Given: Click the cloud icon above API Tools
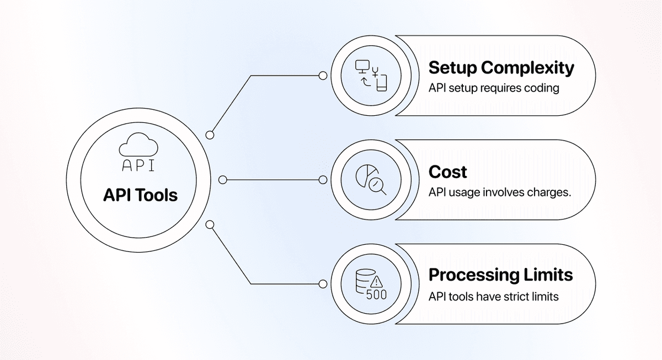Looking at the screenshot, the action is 138,144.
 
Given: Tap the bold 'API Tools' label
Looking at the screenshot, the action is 140,195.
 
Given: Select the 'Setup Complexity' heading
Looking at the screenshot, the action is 501,68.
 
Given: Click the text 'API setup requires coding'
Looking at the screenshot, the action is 494,88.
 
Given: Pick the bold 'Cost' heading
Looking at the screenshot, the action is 448,172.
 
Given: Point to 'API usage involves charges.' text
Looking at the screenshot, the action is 500,192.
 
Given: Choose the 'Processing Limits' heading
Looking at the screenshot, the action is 501,275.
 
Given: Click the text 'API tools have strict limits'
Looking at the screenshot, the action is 494,297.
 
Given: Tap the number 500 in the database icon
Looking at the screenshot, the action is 376,295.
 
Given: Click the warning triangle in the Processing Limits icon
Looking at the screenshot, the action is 376,282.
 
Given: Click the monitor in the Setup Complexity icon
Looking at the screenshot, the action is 362,67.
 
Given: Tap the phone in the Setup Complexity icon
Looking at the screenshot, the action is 382,83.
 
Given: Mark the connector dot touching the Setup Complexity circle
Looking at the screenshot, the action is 323,76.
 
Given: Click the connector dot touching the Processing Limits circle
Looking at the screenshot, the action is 323,284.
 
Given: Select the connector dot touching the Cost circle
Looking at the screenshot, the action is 323,180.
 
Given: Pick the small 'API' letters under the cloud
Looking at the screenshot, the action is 138,165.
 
